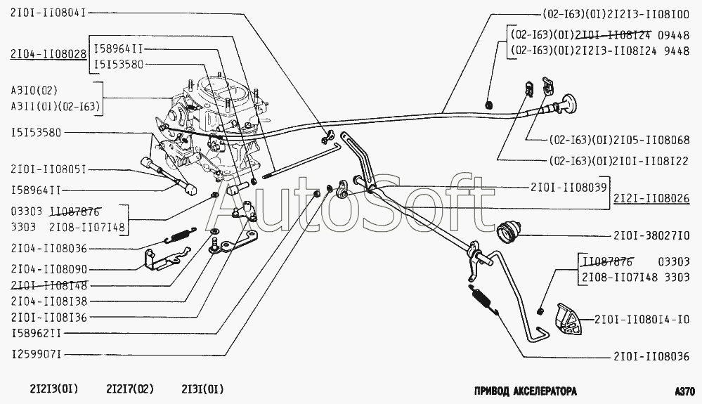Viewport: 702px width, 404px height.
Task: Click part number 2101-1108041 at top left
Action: point(48,13)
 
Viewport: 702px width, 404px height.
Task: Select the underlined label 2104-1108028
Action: point(48,55)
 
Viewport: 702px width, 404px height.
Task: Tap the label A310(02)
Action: point(34,91)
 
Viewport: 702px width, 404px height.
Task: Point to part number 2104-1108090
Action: point(48,269)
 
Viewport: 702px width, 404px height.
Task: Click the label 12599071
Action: point(36,355)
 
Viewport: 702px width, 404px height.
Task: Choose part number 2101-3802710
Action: point(651,236)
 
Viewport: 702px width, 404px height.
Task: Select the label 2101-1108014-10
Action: point(642,320)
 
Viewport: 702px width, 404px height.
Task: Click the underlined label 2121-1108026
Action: point(651,198)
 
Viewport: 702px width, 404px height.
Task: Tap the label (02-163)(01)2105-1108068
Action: point(619,140)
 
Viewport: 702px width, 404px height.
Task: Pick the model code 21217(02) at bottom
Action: point(130,389)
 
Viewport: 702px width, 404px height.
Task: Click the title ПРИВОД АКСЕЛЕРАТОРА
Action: point(525,391)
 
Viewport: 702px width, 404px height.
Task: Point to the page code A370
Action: point(684,391)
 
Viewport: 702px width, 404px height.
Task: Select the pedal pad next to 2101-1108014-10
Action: point(567,319)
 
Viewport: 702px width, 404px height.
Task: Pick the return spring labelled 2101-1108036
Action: point(485,299)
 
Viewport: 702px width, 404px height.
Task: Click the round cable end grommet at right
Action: point(568,104)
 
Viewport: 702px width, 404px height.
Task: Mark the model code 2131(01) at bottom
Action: point(202,389)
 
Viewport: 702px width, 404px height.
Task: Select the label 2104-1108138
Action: point(48,301)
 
